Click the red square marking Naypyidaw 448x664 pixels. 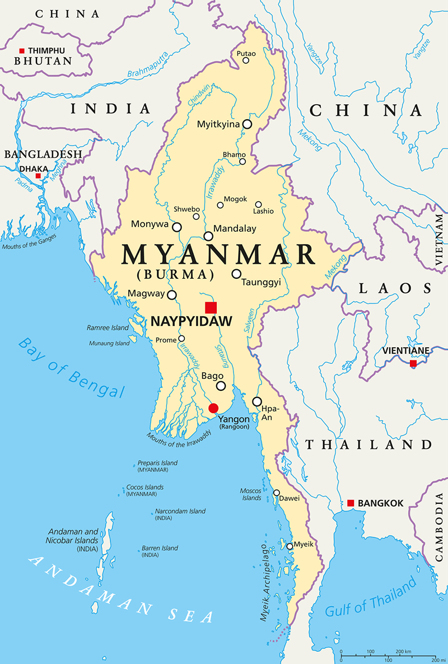tap(211, 307)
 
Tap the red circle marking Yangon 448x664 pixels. tap(213, 408)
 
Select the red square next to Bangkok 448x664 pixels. tap(351, 503)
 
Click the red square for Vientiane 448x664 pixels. tap(413, 363)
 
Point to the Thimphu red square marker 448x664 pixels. tap(22, 50)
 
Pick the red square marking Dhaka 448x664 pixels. tap(38, 176)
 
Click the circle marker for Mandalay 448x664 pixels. tap(208, 236)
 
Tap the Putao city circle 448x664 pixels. tap(246, 60)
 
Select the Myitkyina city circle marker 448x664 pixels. tap(246, 124)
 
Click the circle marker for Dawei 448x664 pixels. tap(276, 493)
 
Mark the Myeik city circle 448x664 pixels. tap(290, 546)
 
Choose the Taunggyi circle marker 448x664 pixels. tap(236, 274)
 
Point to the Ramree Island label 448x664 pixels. tap(107, 328)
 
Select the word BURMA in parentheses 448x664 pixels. tap(175, 274)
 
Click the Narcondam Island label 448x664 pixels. tap(180, 511)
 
